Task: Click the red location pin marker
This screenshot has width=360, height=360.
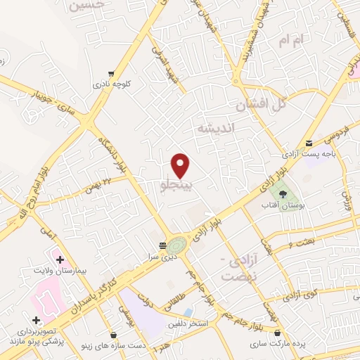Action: [181, 165]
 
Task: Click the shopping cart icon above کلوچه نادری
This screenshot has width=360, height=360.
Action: [110, 73]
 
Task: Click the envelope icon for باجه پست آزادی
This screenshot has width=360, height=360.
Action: [309, 143]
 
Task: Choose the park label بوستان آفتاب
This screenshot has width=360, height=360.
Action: [283, 206]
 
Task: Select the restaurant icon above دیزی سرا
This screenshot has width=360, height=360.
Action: [162, 245]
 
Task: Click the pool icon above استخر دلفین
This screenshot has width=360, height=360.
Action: [188, 312]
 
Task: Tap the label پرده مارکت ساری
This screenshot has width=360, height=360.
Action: [279, 345]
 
